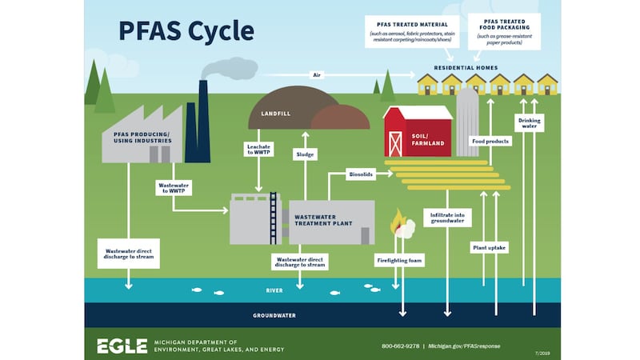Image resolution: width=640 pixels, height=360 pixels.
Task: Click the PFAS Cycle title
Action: click(x=186, y=30)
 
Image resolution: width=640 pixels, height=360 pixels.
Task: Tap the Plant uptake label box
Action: click(x=490, y=247)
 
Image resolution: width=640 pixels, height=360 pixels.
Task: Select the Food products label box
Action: click(x=490, y=141)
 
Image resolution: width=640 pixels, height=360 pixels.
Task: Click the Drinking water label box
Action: click(x=530, y=122)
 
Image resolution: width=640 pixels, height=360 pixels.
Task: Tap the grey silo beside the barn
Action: click(x=467, y=120)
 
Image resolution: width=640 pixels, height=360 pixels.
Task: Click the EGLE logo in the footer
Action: click(x=122, y=346)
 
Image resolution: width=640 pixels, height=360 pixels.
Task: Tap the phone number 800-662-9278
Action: click(x=400, y=346)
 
